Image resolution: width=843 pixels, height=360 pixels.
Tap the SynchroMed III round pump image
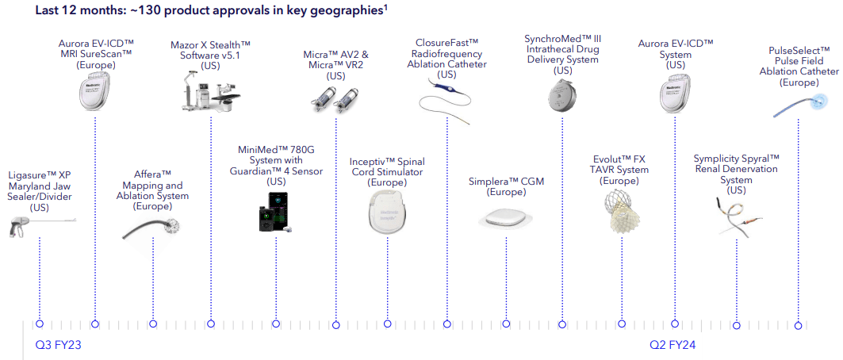point(562,98)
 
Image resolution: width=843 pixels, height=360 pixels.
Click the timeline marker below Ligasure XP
point(39,324)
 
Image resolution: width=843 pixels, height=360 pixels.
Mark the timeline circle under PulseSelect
point(799,324)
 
